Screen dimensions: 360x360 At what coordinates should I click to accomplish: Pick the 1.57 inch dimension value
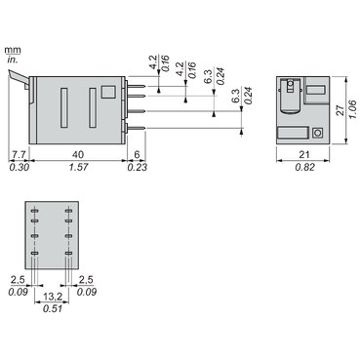78,168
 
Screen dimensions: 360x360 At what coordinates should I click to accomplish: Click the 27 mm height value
339,114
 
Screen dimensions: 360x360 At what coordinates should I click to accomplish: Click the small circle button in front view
316,132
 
